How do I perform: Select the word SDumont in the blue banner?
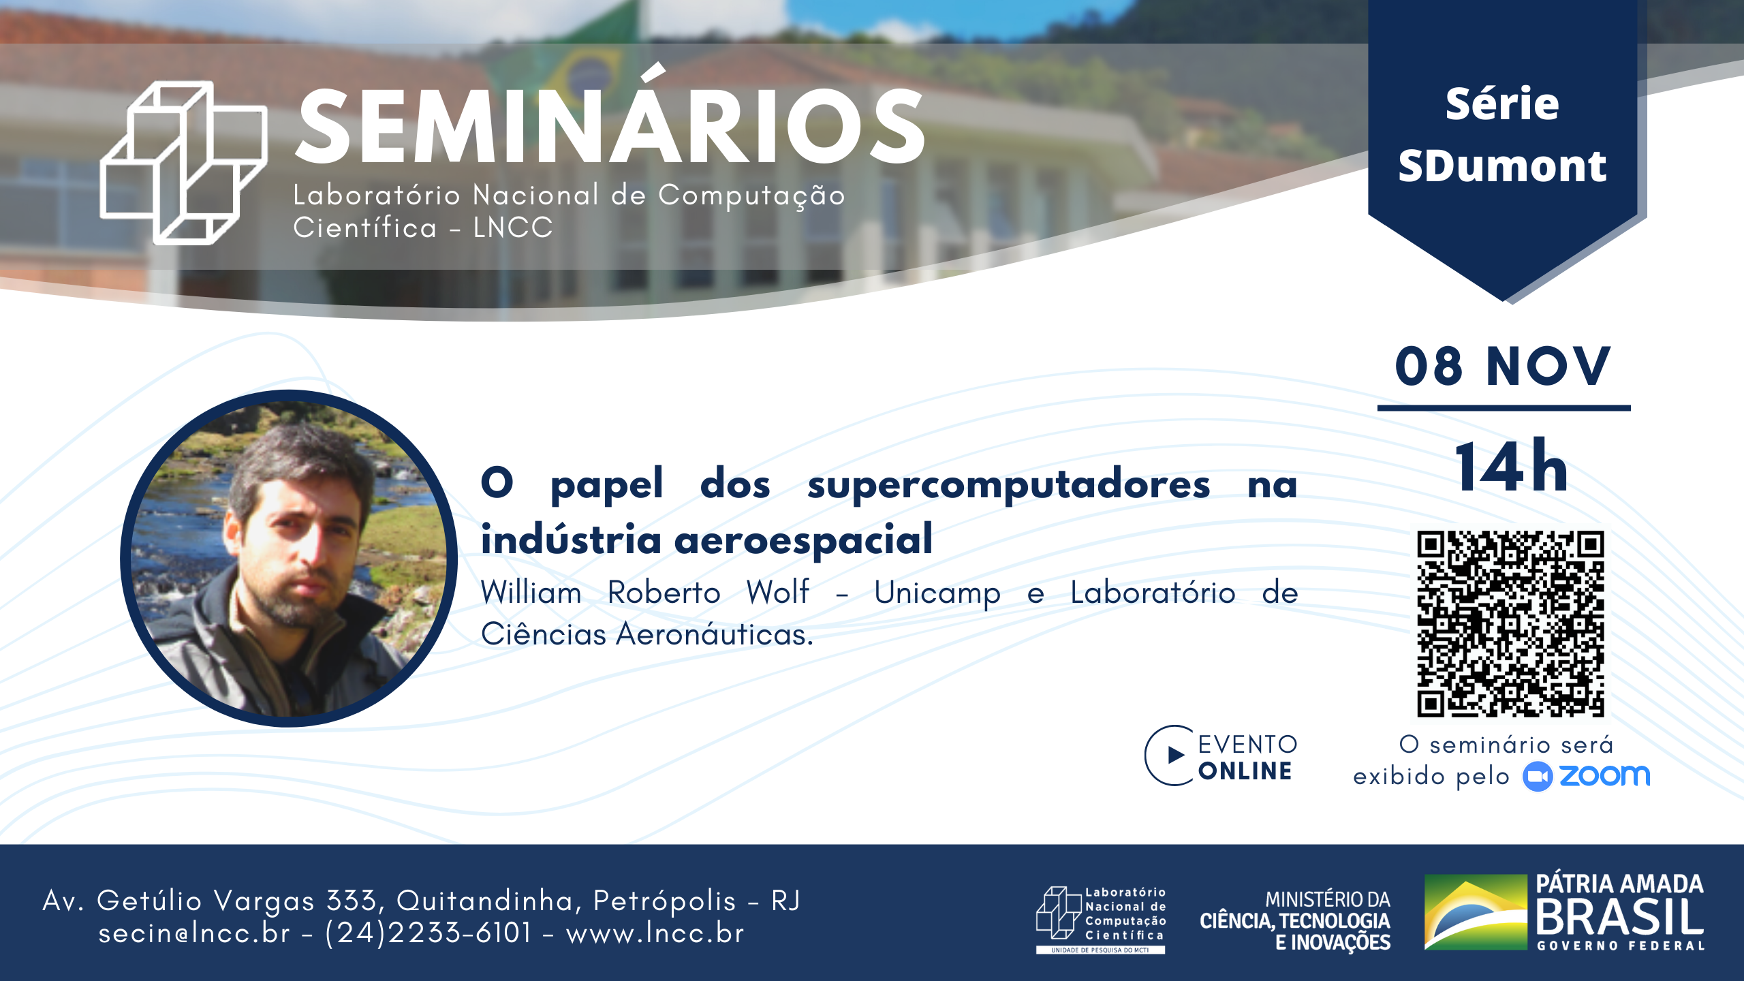coord(1502,166)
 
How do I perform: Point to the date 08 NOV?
coord(1503,367)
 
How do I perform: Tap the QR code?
coord(1510,623)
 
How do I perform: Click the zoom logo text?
coord(1605,775)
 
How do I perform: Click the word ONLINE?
coord(1245,771)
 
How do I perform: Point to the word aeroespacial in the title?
coord(803,540)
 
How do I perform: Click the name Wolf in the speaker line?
coord(777,591)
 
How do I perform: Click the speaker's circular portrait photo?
coord(289,559)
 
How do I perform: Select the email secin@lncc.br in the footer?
coord(194,933)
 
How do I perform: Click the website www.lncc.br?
coord(655,933)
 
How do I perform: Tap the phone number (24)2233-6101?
coord(428,933)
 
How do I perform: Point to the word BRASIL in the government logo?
coord(1620,916)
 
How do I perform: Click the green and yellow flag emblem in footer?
coord(1476,912)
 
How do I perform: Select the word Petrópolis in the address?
coord(665,901)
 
